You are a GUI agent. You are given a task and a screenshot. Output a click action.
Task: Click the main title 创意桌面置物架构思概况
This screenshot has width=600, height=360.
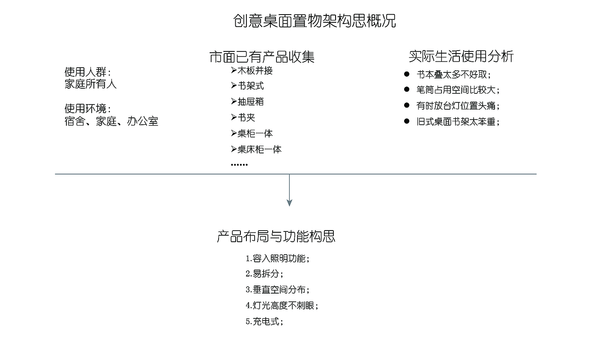(x=315, y=21)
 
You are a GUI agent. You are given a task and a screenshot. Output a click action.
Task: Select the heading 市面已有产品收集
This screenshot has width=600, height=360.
(x=262, y=57)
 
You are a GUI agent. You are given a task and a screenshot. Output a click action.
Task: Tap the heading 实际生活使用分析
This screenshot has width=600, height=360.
(x=461, y=56)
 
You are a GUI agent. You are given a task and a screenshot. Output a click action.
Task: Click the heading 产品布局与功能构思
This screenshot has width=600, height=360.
(x=276, y=236)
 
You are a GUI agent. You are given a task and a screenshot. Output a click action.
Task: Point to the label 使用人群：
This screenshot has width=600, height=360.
(x=88, y=72)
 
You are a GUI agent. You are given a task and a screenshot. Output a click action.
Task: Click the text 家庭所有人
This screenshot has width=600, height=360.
(x=90, y=84)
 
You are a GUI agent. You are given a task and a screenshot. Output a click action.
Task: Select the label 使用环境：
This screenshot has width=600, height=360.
(x=88, y=109)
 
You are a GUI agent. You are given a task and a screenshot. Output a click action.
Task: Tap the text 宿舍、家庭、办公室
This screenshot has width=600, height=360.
(x=111, y=121)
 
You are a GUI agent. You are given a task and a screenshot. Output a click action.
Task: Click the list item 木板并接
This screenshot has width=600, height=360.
(x=255, y=70)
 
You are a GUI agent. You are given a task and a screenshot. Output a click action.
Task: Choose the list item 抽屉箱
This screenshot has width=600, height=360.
(x=250, y=102)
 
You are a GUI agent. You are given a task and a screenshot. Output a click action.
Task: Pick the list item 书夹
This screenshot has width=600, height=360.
(x=246, y=117)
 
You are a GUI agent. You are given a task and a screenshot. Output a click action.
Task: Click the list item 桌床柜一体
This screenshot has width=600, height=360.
(x=259, y=150)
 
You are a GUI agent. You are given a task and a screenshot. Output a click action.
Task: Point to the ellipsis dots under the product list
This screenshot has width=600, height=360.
(x=239, y=165)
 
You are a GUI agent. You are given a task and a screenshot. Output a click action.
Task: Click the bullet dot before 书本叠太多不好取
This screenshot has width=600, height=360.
(x=407, y=74)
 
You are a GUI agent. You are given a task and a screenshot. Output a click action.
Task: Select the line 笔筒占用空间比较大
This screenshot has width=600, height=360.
(x=458, y=90)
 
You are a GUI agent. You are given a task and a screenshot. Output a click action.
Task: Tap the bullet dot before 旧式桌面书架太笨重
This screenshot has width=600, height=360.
(x=407, y=121)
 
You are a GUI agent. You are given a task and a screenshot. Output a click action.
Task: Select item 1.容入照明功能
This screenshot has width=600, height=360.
(x=277, y=259)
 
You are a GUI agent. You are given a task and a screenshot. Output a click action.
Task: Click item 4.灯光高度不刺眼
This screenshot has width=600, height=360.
(x=282, y=306)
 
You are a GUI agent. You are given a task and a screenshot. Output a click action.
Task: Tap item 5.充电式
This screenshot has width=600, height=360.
(x=264, y=321)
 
